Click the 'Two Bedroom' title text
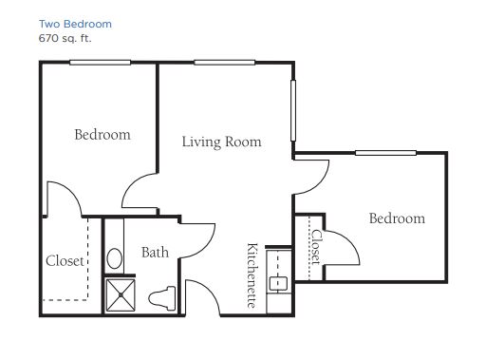tap(75, 24)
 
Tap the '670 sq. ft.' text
tap(65, 38)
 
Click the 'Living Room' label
tap(221, 142)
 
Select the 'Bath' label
tap(155, 253)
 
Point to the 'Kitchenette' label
tap(252, 275)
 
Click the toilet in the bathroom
tap(162, 298)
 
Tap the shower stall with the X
tap(121, 295)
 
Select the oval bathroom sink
tap(115, 258)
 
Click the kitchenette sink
tap(278, 284)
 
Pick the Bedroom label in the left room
tap(103, 135)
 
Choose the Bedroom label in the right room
tap(397, 218)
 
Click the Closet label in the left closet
tap(65, 261)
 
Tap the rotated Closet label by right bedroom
tap(316, 247)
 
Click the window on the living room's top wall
tap(225, 63)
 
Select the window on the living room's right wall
tap(293, 110)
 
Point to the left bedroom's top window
tap(100, 63)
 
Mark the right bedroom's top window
tap(385, 153)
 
